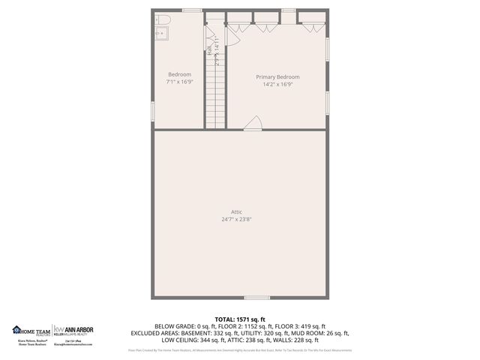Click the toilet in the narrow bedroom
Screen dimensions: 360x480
click(164, 19)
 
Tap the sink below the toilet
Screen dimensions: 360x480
click(160, 33)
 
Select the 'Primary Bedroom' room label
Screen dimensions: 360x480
click(277, 77)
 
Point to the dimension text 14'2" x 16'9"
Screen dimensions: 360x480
click(277, 85)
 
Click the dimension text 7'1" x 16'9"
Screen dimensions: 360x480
click(179, 82)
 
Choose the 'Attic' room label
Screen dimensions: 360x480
click(235, 211)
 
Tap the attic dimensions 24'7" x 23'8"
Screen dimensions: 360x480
click(235, 220)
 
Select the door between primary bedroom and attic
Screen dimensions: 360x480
click(254, 124)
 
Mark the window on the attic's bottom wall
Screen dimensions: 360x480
click(256, 298)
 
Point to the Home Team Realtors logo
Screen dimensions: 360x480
click(31, 330)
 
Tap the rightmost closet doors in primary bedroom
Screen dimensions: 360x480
click(313, 27)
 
